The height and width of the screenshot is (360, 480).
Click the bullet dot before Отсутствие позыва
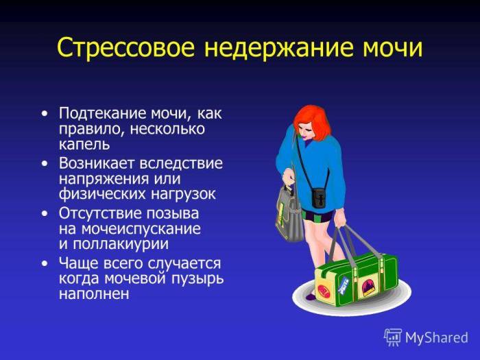tap(45, 213)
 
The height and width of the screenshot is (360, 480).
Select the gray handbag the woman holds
tap(290, 213)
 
